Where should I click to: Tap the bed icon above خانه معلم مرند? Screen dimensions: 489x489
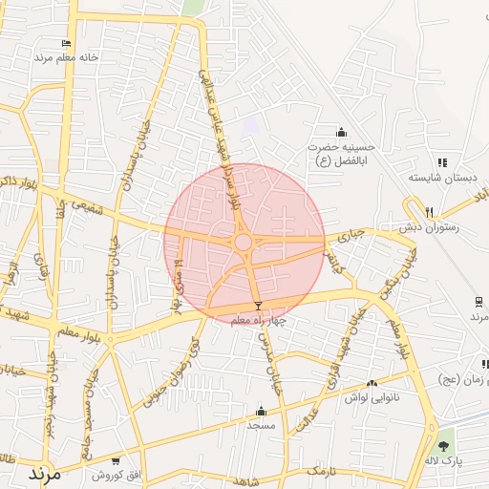click(66, 43)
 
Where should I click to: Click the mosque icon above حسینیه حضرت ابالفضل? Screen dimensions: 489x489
click(342, 132)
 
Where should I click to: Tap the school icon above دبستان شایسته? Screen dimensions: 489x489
click(441, 163)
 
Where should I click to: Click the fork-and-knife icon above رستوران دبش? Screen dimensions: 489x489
click(430, 212)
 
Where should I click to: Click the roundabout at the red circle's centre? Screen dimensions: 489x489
click(244, 243)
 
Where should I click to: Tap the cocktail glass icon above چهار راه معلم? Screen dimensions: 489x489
click(257, 306)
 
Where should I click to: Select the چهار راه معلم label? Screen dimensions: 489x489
click(259, 320)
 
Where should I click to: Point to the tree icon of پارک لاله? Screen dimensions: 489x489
click(442, 445)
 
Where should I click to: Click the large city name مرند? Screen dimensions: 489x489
click(44, 473)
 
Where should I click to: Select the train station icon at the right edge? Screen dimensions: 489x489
click(477, 302)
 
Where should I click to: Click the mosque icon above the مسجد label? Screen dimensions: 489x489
click(260, 411)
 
